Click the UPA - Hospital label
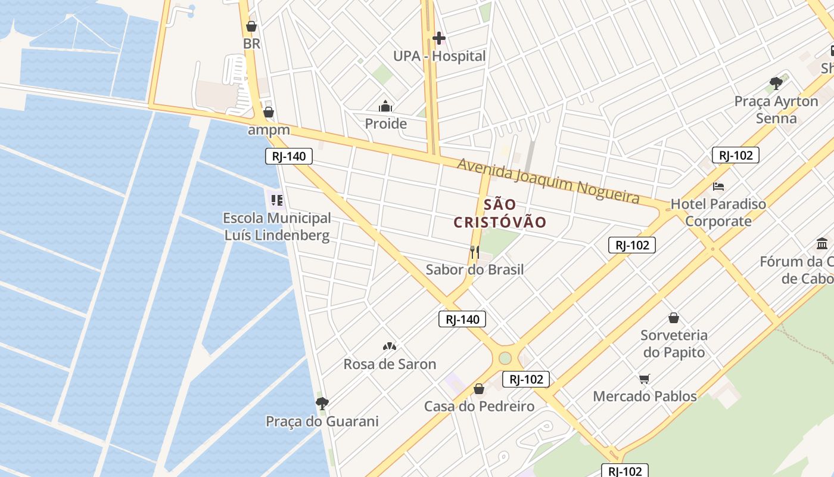coord(439,56)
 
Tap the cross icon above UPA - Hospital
coord(439,39)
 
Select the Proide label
coord(385,123)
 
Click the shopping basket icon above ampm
coord(269,112)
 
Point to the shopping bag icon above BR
coord(251,27)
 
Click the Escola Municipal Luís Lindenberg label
coord(277,227)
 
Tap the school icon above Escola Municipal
coord(276,200)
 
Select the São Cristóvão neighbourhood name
coord(500,213)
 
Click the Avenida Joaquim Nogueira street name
coord(548,180)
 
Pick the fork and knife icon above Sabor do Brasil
coord(474,252)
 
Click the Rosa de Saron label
coord(390,364)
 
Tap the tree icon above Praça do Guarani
coord(322,404)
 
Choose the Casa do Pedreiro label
coord(479,406)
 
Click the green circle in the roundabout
coord(505,358)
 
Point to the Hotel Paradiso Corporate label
coord(718,212)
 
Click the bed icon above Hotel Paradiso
coord(718,187)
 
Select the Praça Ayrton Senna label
coord(776,109)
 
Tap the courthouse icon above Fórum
coord(822,243)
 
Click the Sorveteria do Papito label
coord(674,343)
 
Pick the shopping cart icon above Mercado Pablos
coord(644,379)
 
